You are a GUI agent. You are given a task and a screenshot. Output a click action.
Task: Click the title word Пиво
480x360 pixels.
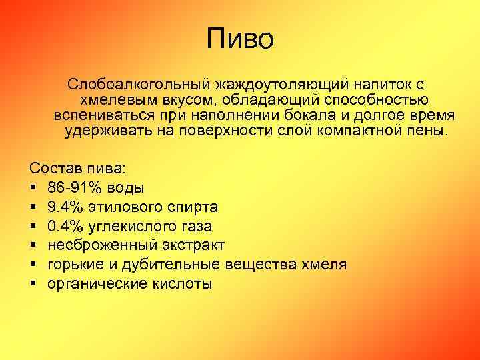pos(240,38)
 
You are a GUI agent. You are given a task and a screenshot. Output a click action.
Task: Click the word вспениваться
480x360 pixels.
pos(105,115)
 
